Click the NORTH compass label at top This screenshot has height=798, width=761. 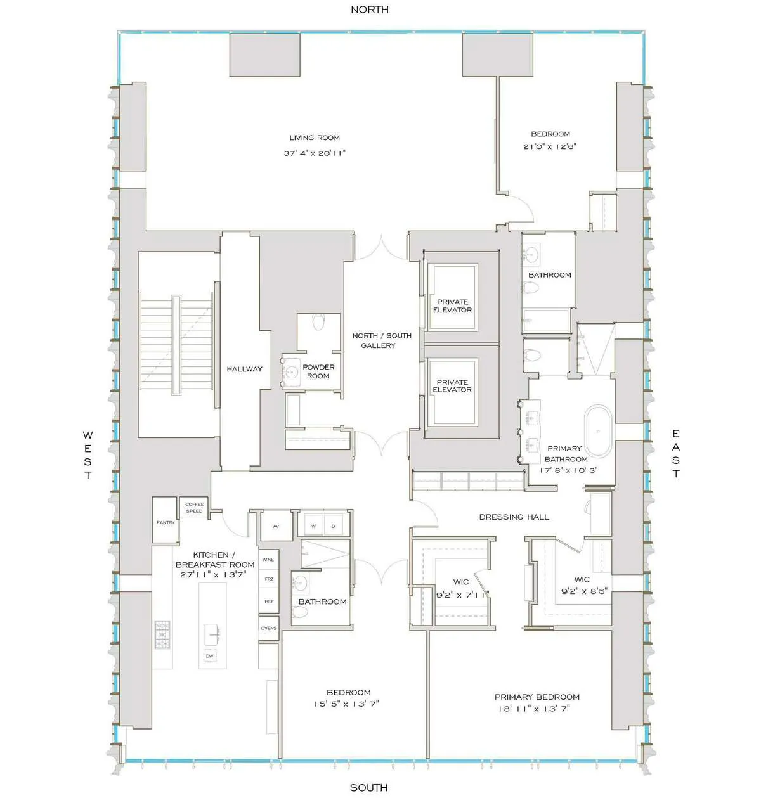point(370,10)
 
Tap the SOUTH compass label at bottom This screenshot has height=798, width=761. point(368,787)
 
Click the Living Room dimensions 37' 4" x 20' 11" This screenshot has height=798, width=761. point(315,153)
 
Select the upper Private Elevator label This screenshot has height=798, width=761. point(452,306)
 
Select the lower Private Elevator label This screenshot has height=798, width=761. point(452,386)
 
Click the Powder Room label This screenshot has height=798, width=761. point(318,371)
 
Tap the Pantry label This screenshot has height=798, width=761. point(166,522)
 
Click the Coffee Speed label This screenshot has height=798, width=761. point(195,508)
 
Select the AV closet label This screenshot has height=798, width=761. point(276,527)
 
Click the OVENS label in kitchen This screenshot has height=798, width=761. point(269,628)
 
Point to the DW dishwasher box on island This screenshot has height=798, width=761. point(209,656)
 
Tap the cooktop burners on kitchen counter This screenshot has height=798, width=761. point(163,634)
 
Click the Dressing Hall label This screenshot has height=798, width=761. point(514,517)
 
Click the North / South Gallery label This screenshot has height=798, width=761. point(382,340)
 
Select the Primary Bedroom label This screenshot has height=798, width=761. point(537,697)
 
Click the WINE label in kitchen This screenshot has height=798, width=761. point(268,560)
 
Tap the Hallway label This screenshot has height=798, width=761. point(245,369)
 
